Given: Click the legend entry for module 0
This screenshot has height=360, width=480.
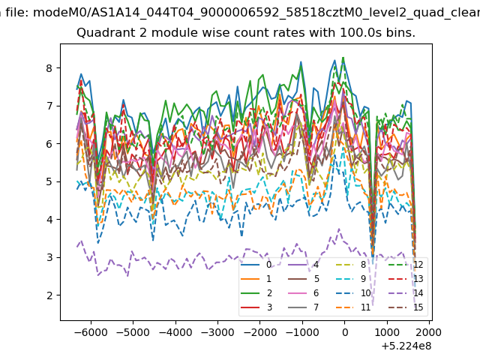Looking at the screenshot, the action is (256, 265).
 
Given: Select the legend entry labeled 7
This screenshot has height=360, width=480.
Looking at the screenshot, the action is (304, 307).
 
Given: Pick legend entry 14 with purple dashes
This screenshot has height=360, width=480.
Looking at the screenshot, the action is (406, 293).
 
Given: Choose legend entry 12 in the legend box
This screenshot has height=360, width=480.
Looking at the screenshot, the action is (406, 265).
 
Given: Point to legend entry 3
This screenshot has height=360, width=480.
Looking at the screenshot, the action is (256, 307).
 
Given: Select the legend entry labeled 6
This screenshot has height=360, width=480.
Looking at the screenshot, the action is (304, 293).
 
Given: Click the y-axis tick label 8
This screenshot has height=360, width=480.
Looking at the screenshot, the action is (49, 68).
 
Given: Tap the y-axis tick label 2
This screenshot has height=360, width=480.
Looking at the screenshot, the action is (49, 295).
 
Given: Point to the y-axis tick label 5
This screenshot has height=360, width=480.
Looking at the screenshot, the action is (49, 181).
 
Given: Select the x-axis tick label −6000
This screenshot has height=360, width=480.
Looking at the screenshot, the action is (91, 332).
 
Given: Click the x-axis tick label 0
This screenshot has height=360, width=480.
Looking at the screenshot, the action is (345, 332).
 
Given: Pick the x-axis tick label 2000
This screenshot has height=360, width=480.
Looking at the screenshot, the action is (429, 332).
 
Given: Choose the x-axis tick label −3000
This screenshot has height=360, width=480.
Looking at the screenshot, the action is (217, 332).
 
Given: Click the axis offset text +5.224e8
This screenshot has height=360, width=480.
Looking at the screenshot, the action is (406, 346).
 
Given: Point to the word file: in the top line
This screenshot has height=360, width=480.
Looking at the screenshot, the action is (17, 13).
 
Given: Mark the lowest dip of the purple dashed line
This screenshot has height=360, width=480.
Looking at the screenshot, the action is (373, 305).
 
